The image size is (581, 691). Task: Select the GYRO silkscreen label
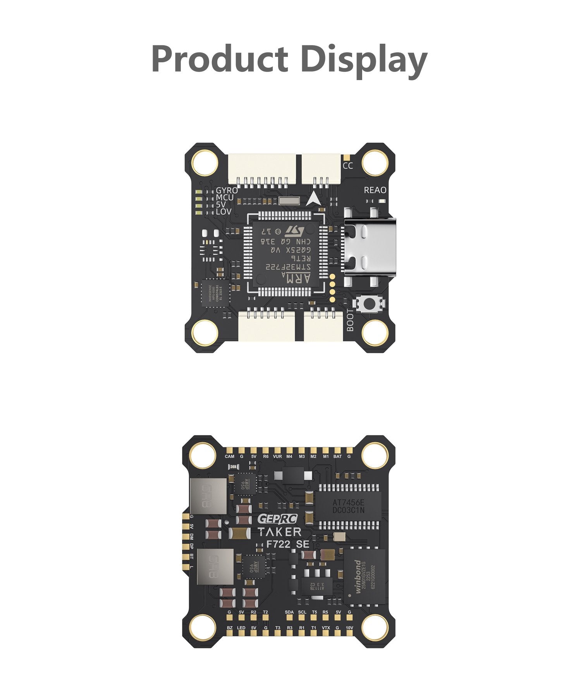tap(227, 190)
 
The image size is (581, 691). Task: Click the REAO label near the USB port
tap(375, 190)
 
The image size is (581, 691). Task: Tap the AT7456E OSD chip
tap(348, 506)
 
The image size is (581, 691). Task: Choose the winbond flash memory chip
tap(364, 576)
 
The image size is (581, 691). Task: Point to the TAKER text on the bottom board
tap(280, 532)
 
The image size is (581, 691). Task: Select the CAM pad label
tap(230, 457)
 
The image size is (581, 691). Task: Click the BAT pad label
tap(338, 457)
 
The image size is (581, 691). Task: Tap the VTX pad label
tap(326, 628)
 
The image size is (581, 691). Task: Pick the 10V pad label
tap(349, 628)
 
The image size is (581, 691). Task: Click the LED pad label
tap(241, 628)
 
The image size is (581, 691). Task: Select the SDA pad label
tap(289, 612)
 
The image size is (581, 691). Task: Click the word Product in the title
tap(220, 59)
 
